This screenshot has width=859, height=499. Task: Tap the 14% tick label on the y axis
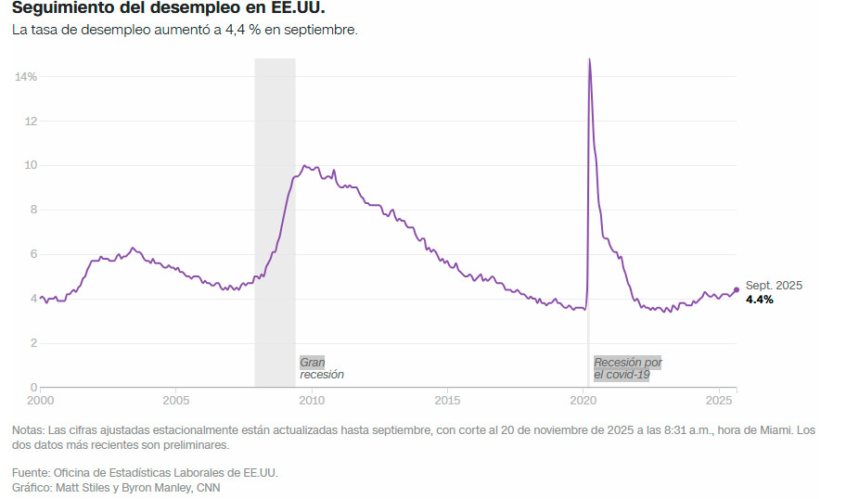coord(25,76)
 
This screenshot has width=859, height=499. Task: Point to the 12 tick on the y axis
coord(31,121)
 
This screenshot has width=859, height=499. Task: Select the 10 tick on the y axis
coord(31,165)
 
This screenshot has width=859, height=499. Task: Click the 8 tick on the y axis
coord(32,210)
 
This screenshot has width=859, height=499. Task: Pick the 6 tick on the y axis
coord(32,254)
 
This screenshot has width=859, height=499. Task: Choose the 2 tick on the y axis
coord(32,343)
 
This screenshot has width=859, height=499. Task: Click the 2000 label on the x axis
coord(40,401)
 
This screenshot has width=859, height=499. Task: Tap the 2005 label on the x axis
coord(176,401)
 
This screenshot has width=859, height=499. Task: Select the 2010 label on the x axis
coord(312,401)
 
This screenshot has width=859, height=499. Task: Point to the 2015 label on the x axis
coord(448,401)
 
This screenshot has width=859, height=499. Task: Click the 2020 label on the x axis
coord(583,401)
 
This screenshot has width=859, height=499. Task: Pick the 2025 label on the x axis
coord(719,401)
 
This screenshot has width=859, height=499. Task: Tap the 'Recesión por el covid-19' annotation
coord(628,368)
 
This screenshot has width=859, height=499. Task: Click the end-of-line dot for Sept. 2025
coord(737,289)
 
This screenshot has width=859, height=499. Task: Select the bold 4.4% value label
coord(760,301)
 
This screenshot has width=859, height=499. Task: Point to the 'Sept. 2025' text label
coord(774,286)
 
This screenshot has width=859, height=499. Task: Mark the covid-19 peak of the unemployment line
coord(589,60)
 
